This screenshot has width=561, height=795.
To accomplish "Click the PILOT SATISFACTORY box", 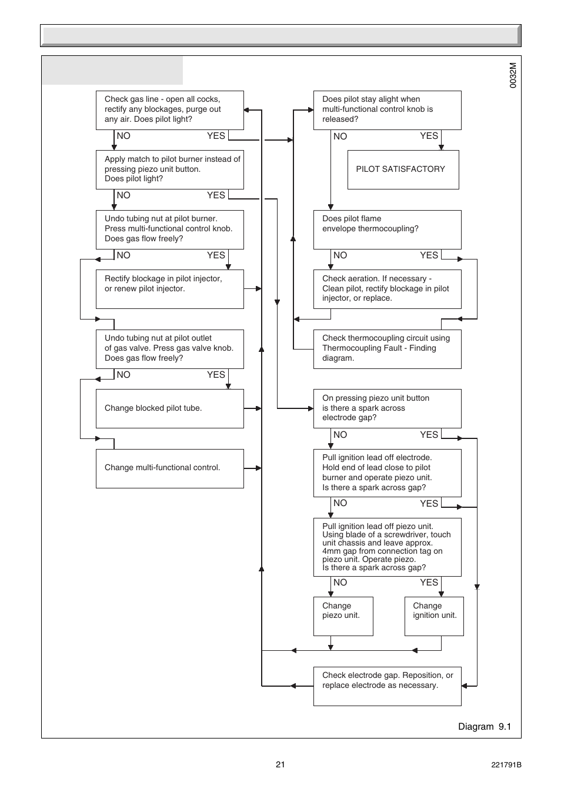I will click(x=403, y=169).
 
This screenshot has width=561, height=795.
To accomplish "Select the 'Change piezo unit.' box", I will click(x=343, y=616).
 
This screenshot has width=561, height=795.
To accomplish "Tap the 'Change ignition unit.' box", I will click(x=434, y=616).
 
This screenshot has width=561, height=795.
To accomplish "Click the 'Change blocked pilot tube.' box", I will click(x=169, y=408).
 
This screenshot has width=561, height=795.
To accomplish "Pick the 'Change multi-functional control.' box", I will click(x=169, y=468).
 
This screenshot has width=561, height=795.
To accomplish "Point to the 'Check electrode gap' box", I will click(x=387, y=686).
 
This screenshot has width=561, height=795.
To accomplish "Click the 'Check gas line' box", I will click(x=169, y=110).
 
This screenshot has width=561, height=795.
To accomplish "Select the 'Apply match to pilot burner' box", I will click(x=169, y=169).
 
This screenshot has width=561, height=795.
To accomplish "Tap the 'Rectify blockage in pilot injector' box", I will click(x=169, y=289).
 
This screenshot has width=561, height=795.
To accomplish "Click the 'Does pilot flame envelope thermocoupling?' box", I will click(x=387, y=229).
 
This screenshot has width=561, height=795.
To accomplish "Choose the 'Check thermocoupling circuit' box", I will click(x=387, y=349).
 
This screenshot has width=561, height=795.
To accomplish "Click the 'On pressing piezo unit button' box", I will click(x=387, y=408).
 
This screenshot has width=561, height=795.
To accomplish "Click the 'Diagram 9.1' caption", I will click(x=485, y=727).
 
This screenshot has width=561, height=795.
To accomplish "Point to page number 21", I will click(x=280, y=764).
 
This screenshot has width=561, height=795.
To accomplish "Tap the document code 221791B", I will click(x=506, y=765).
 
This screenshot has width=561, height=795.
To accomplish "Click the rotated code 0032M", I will click(x=513, y=76).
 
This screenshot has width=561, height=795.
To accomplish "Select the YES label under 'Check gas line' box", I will click(x=216, y=136).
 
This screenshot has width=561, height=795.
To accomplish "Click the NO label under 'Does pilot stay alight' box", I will click(x=340, y=137).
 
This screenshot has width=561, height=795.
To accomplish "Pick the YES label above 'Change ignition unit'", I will click(x=429, y=583).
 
